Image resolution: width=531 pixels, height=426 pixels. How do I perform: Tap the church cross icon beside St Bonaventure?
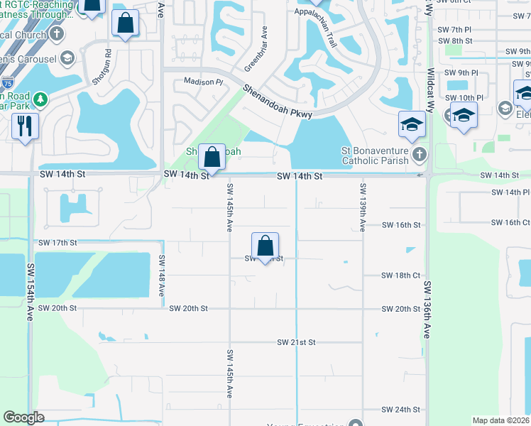click(420, 153)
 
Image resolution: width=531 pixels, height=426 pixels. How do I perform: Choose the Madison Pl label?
click(203, 82)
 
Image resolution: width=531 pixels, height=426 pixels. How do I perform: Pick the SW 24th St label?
click(400, 410)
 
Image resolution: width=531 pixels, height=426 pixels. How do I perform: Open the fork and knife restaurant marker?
click(26, 126)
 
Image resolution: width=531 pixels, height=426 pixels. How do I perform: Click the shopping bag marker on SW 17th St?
click(265, 246)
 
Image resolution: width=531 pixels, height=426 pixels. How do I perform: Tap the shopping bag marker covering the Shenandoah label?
click(212, 155)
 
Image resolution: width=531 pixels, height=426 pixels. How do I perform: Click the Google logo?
click(23, 417)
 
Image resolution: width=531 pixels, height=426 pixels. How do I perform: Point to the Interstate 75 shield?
click(7, 82)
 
